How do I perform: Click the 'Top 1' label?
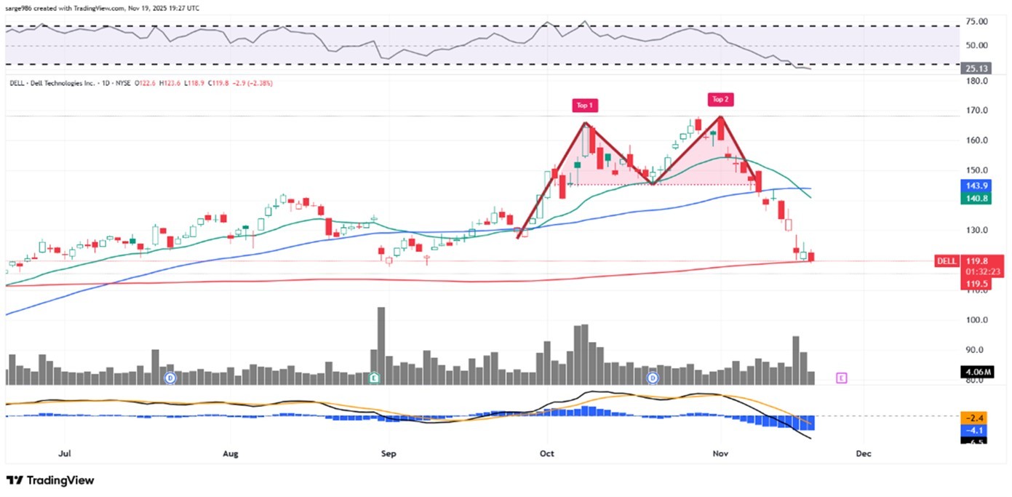coord(585,106)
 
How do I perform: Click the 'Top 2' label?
coord(720,99)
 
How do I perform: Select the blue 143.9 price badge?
coord(974,186)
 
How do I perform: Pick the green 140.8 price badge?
coord(974,198)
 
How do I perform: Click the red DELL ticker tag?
coord(945,261)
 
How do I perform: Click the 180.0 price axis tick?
coord(976,81)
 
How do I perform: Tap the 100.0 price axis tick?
coord(976,320)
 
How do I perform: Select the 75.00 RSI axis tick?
coord(976,22)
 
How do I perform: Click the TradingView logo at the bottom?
coord(50,480)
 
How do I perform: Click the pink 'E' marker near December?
coord(842,378)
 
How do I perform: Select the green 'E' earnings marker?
coord(373,378)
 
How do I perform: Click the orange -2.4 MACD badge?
coord(974,418)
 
